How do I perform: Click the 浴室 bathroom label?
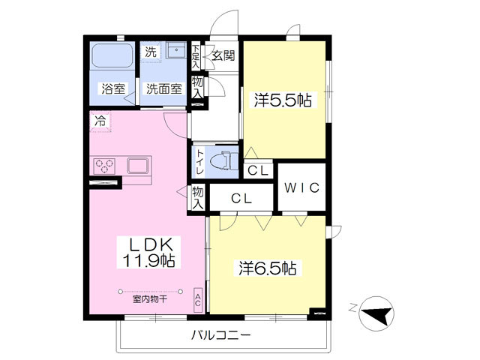[x=113, y=88]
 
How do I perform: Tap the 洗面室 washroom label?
[x=163, y=88]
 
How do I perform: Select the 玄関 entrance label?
[x=223, y=55]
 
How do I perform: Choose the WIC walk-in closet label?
[x=302, y=187]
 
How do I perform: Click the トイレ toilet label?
[x=200, y=162]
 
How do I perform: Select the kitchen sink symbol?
[x=139, y=165]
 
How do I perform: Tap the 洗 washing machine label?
[x=151, y=52]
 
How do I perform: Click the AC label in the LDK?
[x=198, y=300]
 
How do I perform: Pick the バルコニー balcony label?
[x=220, y=334]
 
